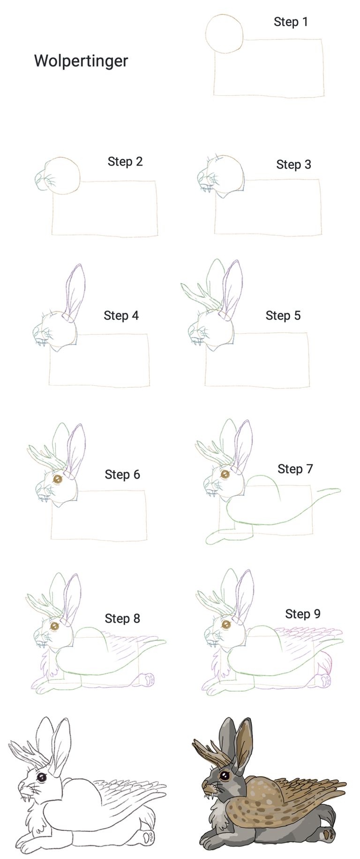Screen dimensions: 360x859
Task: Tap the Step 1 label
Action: click(x=291, y=22)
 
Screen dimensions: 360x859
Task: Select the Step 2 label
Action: click(x=125, y=162)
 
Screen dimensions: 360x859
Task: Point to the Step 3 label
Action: click(x=293, y=165)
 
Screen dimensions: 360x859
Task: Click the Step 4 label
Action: click(x=121, y=316)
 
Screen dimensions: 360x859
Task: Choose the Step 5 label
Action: click(x=283, y=316)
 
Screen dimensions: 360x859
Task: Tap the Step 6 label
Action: click(x=122, y=475)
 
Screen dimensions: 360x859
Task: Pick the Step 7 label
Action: click(x=295, y=469)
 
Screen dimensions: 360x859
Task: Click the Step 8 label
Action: click(x=122, y=618)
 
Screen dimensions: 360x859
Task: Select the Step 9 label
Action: click(x=303, y=614)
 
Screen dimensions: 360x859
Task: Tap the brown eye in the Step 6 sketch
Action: click(x=58, y=479)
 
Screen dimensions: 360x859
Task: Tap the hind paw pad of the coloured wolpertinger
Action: click(x=330, y=834)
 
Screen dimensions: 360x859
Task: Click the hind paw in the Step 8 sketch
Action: click(x=149, y=678)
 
